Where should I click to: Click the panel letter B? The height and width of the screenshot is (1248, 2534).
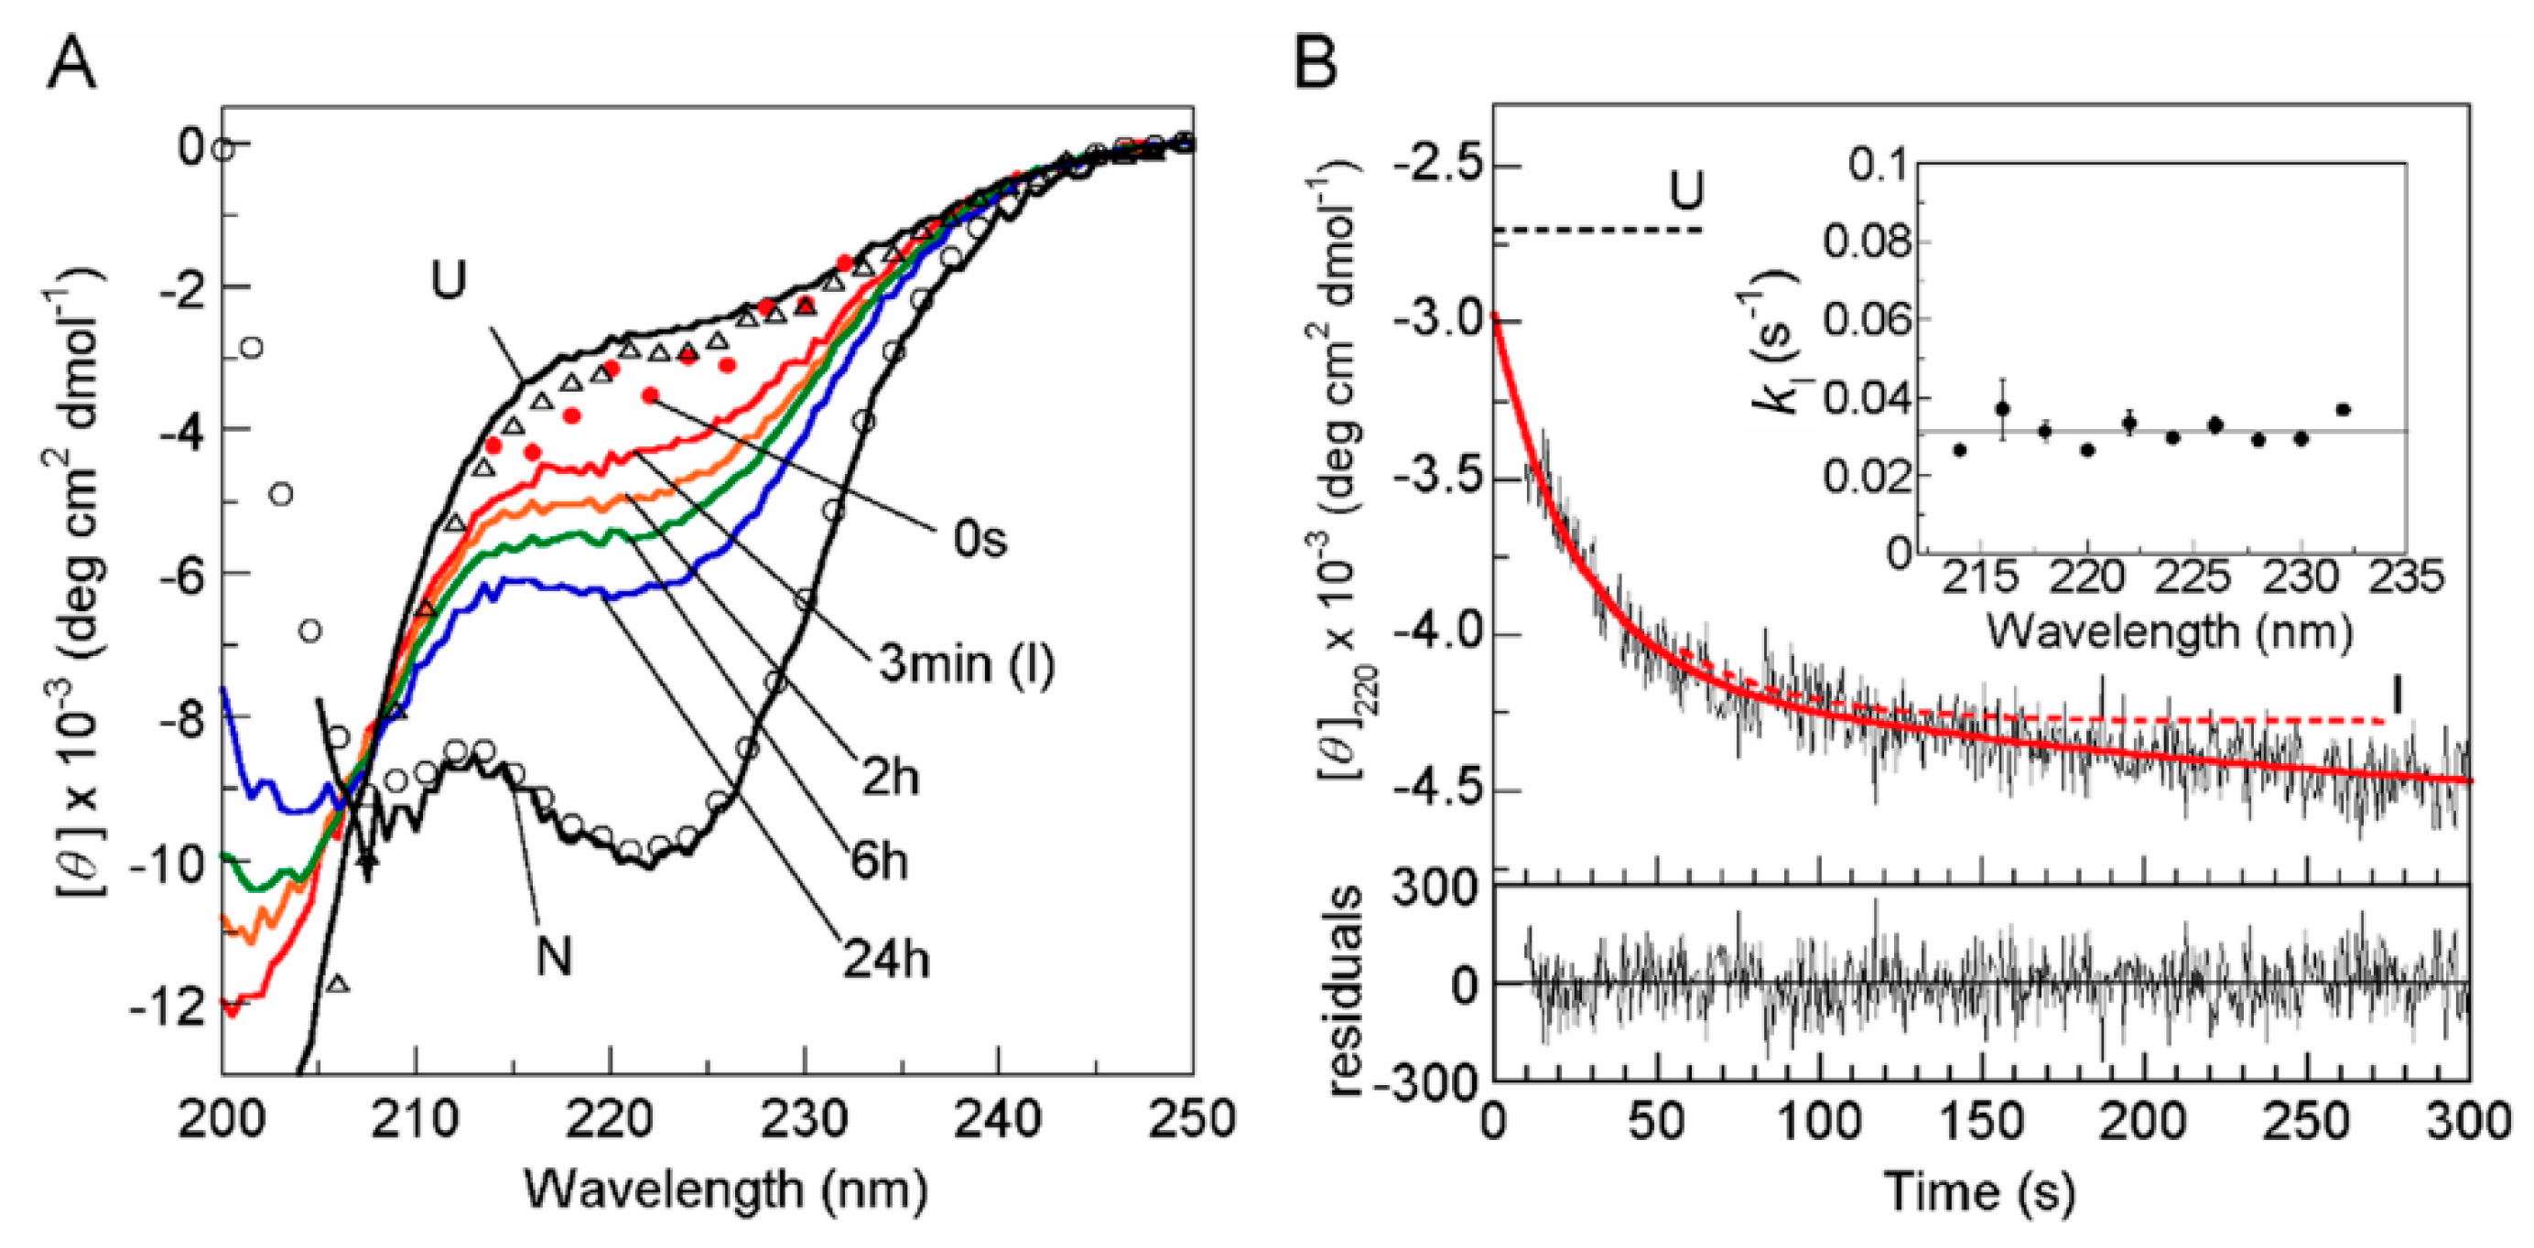point(1316,64)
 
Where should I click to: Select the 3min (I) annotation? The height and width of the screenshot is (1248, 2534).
point(966,664)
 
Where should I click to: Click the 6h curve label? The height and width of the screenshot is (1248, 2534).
point(879,862)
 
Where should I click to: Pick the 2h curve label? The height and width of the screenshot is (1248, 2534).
point(890,778)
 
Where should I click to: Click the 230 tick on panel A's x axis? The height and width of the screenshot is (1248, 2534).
point(806,1119)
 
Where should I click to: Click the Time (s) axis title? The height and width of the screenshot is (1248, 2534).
point(1979,1192)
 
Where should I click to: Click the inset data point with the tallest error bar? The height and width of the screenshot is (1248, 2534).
point(2002,407)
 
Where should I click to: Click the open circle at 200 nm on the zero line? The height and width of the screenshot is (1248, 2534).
point(223,148)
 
